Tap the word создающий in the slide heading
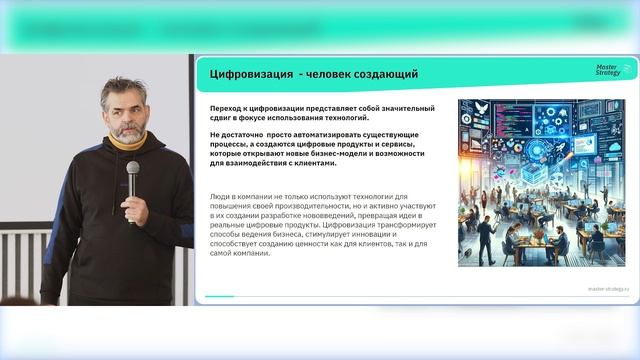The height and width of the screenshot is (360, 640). [x=381, y=75]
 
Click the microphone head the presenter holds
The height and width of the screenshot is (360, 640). [x=133, y=167]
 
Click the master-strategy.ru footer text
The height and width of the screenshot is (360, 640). [x=608, y=288]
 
